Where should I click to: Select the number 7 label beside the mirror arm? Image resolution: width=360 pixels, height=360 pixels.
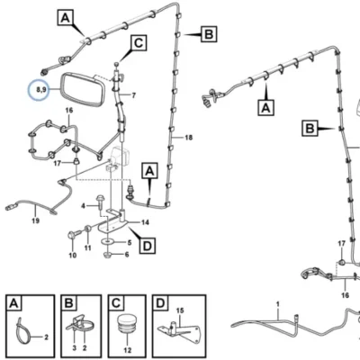click(x=133, y=95)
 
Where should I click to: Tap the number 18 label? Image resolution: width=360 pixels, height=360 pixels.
click(x=188, y=138)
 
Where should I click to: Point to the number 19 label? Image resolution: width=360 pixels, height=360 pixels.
click(x=35, y=221)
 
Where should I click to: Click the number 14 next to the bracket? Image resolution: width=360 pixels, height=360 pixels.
click(x=145, y=222)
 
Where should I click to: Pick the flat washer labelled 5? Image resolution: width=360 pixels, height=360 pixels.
click(x=107, y=241)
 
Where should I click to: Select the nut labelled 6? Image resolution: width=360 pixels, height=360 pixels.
click(x=108, y=256)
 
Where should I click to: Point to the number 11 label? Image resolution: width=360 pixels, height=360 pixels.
click(x=87, y=248)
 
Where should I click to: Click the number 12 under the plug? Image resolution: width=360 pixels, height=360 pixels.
click(x=127, y=350)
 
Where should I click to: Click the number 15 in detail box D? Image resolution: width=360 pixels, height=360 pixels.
click(x=180, y=310)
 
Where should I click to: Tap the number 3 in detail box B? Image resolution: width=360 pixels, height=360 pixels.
click(x=75, y=348)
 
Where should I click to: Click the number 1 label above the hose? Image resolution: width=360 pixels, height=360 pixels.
click(x=278, y=304)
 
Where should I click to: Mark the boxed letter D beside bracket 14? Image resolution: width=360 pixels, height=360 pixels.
click(x=148, y=247)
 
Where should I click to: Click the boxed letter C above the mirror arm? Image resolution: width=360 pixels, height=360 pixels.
click(x=139, y=43)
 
